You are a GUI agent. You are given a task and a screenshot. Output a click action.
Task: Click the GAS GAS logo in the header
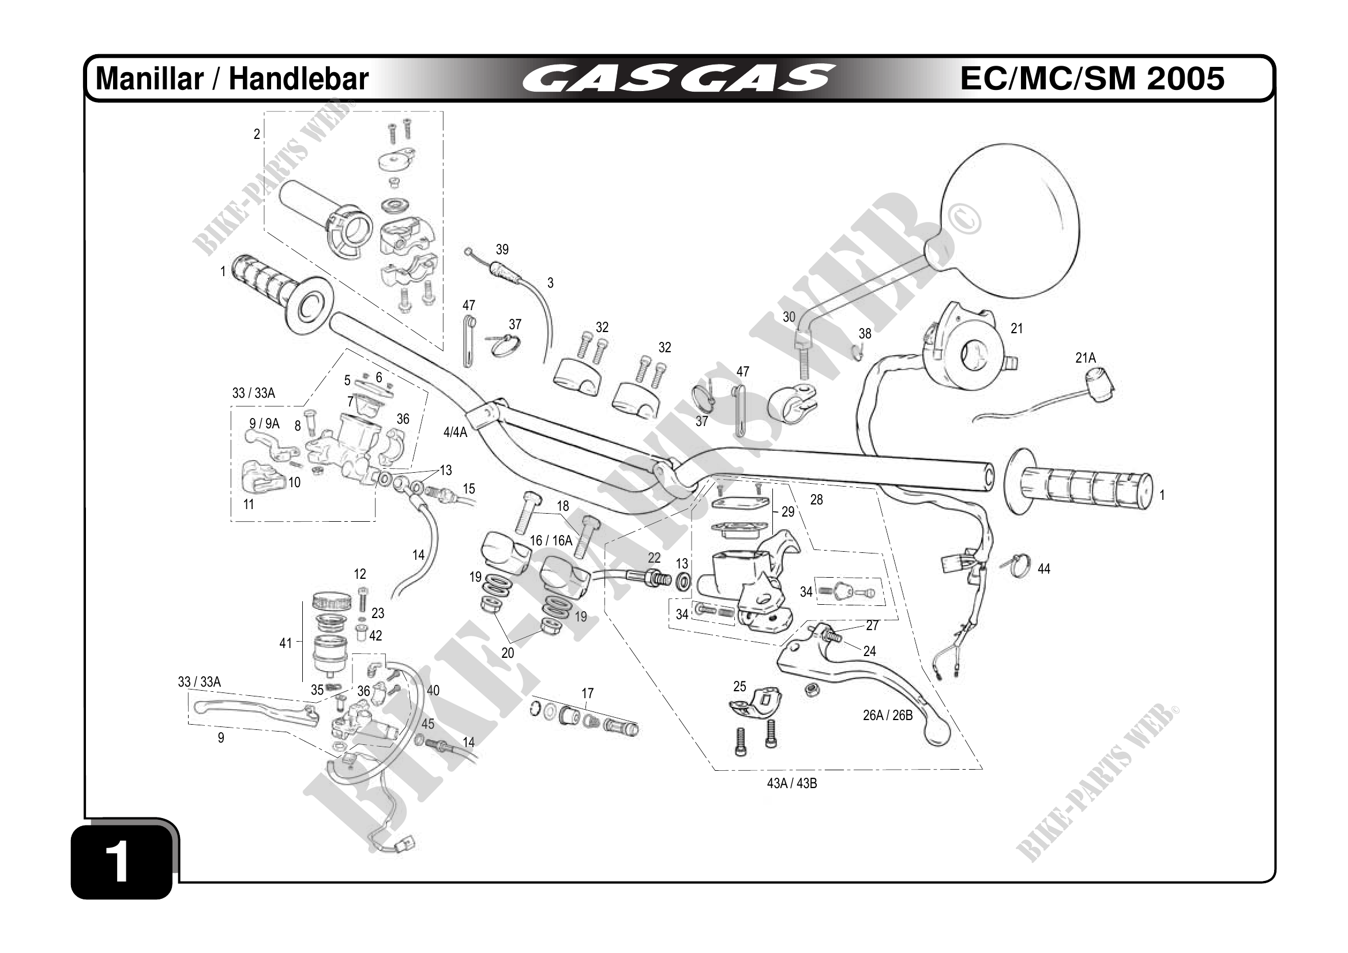(678, 78)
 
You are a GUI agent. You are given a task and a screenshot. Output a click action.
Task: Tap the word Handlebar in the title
(298, 79)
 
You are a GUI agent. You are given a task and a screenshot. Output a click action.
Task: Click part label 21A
(1085, 358)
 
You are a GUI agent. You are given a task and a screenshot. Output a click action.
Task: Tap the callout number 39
(502, 250)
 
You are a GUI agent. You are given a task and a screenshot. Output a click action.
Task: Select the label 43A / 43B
(791, 784)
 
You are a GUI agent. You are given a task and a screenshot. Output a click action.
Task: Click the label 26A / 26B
(887, 715)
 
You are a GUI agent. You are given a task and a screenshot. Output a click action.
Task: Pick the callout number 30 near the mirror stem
(788, 318)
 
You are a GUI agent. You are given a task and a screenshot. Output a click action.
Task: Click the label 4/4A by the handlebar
(455, 432)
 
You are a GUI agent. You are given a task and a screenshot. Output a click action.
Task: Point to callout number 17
(587, 694)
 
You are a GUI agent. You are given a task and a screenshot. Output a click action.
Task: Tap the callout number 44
(1043, 568)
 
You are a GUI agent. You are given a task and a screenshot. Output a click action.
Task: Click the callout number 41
(286, 643)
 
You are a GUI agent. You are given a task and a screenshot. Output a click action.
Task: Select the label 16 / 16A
(551, 540)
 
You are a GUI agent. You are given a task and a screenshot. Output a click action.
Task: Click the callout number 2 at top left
(257, 134)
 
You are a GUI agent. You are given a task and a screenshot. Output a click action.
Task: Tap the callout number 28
(816, 499)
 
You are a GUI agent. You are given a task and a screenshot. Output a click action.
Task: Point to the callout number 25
(739, 686)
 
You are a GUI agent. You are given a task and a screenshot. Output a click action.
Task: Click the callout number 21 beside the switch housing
(1016, 329)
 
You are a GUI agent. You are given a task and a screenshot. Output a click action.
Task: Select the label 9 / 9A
(264, 424)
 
